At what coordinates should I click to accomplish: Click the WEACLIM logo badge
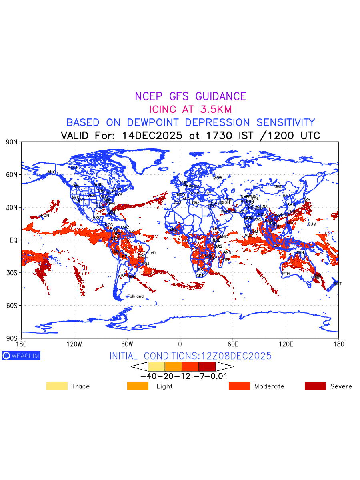pyautogui.click(x=21, y=356)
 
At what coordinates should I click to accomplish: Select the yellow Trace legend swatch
pyautogui.click(x=57, y=386)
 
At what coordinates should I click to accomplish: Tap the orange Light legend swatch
pyautogui.click(x=137, y=386)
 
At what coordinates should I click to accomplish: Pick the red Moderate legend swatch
pyautogui.click(x=239, y=386)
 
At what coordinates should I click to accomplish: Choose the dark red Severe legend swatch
pyautogui.click(x=315, y=386)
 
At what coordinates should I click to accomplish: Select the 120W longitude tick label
pyautogui.click(x=74, y=344)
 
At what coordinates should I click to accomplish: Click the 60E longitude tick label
pyautogui.click(x=233, y=344)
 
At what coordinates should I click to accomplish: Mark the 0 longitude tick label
pyautogui.click(x=180, y=344)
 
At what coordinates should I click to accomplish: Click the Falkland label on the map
pyautogui.click(x=135, y=296)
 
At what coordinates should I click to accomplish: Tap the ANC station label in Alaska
pyautogui.click(x=52, y=172)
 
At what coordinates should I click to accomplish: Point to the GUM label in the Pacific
pyautogui.click(x=312, y=224)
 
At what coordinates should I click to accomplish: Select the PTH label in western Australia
pyautogui.click(x=286, y=274)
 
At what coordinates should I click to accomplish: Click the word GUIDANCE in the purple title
pyautogui.click(x=220, y=96)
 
